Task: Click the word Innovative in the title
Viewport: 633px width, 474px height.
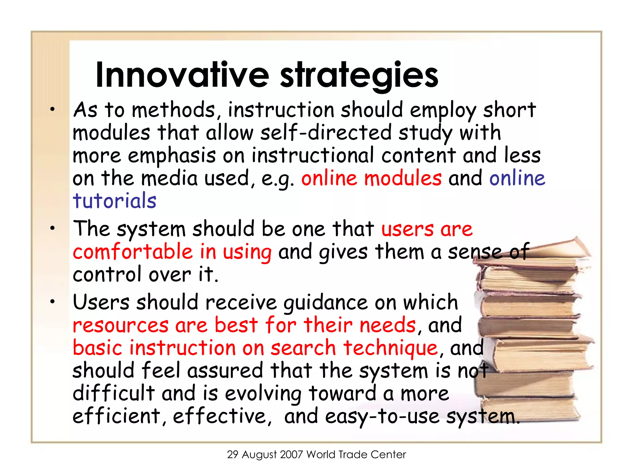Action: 182,75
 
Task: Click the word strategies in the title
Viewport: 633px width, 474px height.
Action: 359,75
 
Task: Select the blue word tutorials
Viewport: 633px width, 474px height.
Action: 115,201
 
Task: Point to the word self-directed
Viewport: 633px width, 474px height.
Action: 326,133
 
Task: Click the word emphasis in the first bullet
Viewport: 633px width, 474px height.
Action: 172,156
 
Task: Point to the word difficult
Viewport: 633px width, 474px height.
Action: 113,393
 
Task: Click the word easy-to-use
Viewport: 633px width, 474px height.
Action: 382,416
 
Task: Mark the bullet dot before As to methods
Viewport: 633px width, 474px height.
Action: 53,109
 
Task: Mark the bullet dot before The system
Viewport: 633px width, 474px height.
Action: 53,228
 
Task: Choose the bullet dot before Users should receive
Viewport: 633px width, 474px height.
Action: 53,301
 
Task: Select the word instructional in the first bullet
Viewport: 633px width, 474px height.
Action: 313,156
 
